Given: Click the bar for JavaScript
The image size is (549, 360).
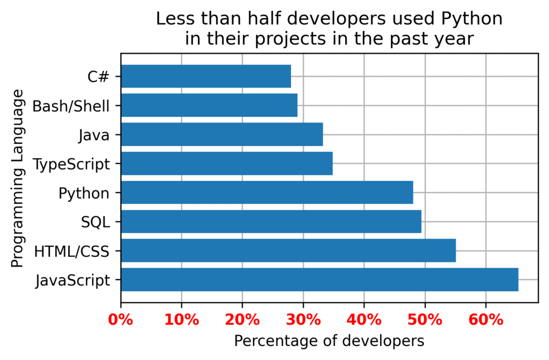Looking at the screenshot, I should click(320, 280).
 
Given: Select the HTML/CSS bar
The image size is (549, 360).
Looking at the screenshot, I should click(288, 251).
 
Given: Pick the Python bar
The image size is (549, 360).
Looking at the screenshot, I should click(267, 193).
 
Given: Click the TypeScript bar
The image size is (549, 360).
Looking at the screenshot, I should click(227, 164).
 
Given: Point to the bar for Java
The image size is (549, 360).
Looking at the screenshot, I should click(222, 134).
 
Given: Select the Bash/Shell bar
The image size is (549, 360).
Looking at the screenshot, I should click(209, 105).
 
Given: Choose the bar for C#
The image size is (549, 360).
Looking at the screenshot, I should click(206, 76).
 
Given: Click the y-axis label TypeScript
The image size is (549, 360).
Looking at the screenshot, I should click(71, 164).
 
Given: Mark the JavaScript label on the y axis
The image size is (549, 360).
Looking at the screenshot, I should click(72, 280).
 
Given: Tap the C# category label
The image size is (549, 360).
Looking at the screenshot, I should click(99, 77).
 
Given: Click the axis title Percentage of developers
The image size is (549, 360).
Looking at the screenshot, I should click(329, 341).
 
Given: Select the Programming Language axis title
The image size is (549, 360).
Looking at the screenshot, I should click(17, 178).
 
